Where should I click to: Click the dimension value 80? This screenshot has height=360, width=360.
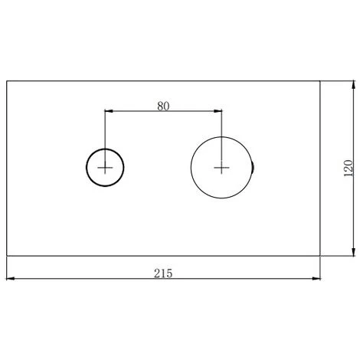point(163,106)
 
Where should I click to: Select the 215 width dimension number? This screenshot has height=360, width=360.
point(163,273)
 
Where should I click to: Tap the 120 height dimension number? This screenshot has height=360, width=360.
point(347,169)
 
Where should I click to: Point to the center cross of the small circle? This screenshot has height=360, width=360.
point(105,167)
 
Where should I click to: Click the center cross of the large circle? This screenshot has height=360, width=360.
point(221,167)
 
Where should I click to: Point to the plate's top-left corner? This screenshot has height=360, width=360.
point(7,80)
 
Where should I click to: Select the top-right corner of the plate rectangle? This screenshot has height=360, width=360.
point(319,80)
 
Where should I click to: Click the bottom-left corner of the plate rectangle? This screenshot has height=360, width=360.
point(7,255)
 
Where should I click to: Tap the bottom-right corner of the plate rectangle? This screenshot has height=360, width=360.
point(319,255)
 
